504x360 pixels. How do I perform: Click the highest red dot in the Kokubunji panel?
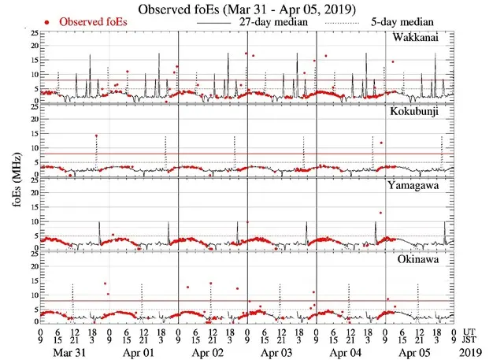(x=96, y=135)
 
